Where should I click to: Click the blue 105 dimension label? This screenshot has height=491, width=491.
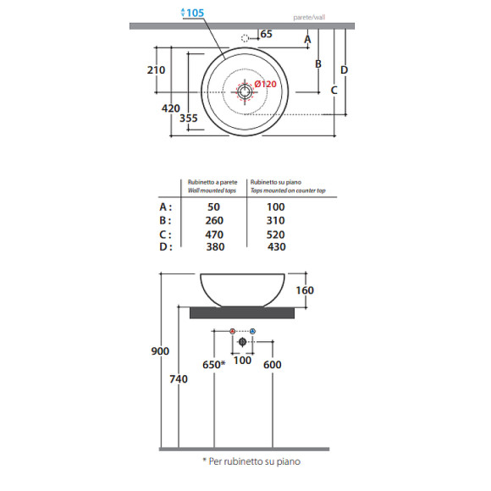195,13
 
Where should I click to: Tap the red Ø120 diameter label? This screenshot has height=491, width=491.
265,84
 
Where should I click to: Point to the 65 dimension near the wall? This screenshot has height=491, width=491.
266,34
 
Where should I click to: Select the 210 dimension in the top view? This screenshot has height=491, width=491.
156,69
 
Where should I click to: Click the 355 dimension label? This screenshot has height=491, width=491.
189,118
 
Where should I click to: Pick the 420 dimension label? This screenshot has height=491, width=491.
171,108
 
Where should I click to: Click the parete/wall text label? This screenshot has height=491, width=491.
309,18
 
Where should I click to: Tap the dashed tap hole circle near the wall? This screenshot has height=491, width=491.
245,38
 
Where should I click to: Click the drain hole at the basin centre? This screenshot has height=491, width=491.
245,91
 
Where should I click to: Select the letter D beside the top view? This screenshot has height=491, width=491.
344,69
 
